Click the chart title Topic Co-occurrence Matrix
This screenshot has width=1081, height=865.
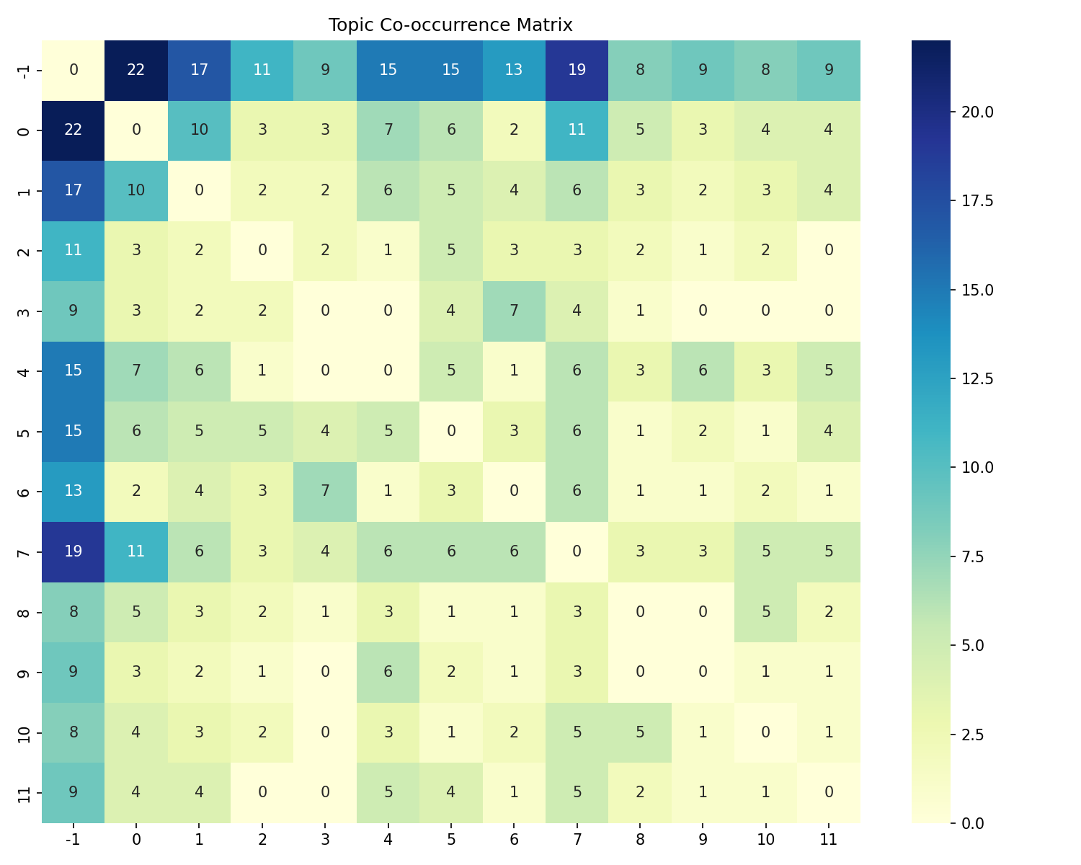pos(450,25)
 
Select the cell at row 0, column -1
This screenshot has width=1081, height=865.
pos(74,130)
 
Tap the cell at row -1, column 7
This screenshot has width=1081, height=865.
pos(577,70)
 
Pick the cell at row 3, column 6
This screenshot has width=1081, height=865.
pos(514,311)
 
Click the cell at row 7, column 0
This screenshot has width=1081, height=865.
pos(136,551)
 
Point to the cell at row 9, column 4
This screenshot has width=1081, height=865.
pos(388,672)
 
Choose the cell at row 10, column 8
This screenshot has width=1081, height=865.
pos(639,732)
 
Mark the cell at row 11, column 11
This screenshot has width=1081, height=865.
pos(829,792)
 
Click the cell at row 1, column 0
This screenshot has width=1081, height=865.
pos(136,190)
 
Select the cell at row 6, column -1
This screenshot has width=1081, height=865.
pos(74,491)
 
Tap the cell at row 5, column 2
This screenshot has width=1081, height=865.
pos(262,431)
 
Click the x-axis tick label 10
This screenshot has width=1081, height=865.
pos(765,839)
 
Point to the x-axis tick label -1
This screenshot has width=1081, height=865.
pos(74,839)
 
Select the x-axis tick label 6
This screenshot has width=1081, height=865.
pos(514,839)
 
